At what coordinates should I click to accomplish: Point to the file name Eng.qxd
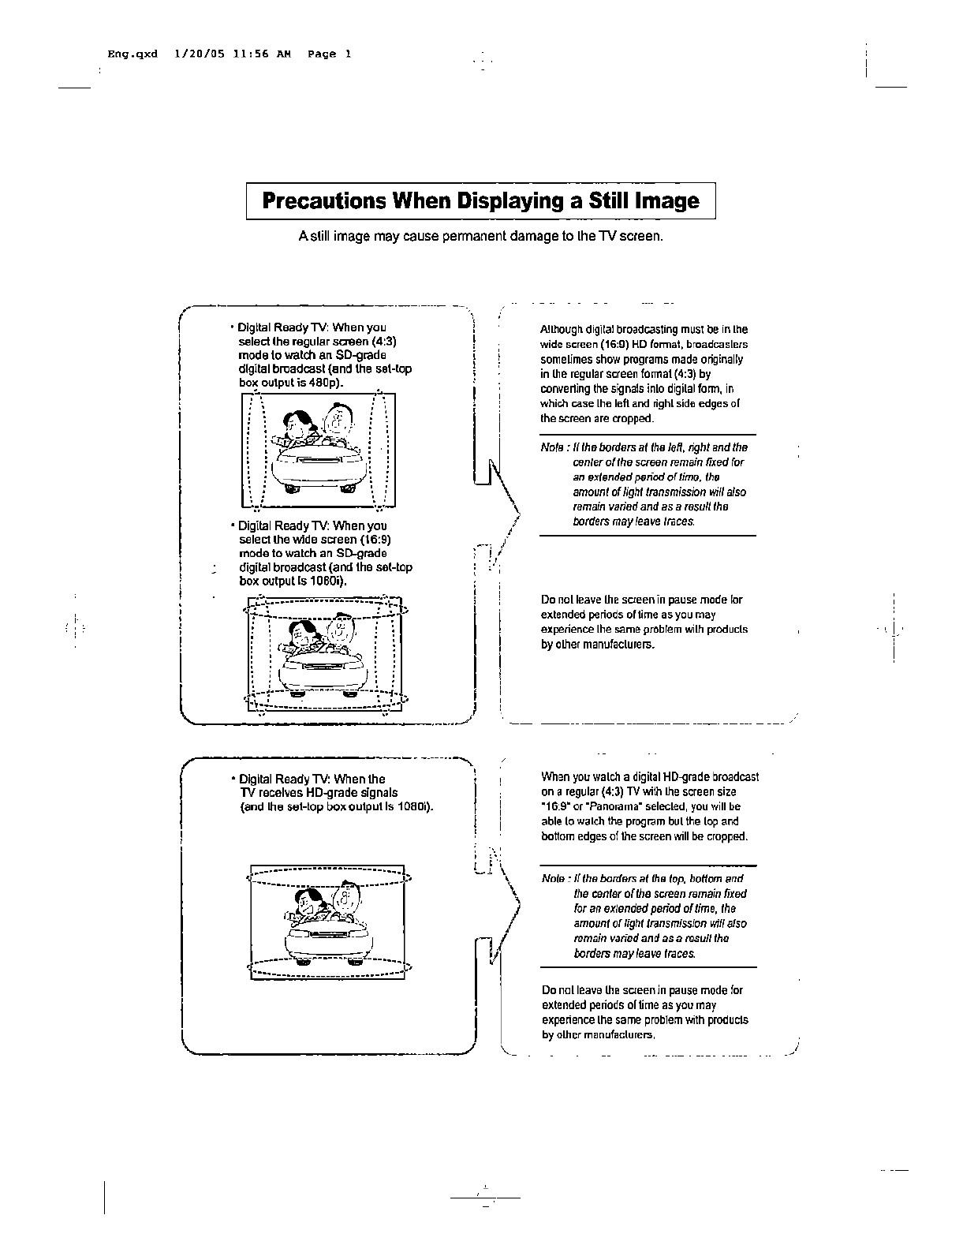[133, 54]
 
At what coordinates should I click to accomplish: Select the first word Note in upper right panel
[552, 448]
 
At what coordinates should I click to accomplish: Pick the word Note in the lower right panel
[554, 879]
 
